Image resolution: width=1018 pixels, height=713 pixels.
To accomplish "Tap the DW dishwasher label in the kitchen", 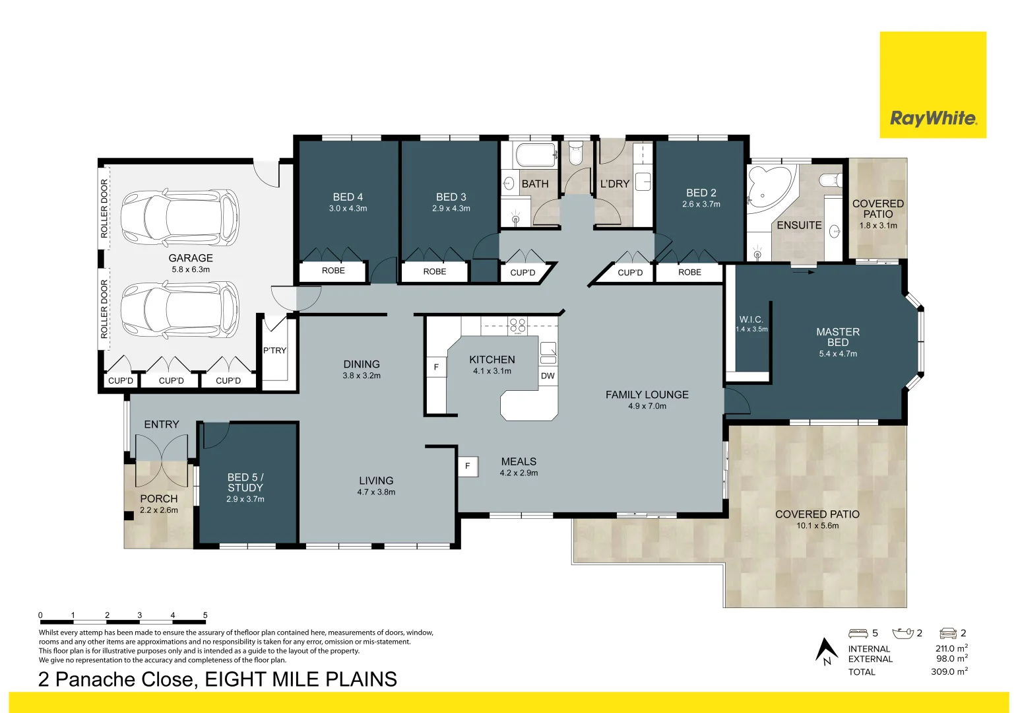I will coord(548,376).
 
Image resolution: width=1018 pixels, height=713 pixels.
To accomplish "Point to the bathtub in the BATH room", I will coord(536,155).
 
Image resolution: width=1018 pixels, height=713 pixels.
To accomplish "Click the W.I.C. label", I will coord(751,320).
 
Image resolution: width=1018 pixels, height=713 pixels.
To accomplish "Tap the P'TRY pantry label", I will coord(274,351).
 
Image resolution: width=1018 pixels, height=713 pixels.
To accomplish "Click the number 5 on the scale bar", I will coord(205,615).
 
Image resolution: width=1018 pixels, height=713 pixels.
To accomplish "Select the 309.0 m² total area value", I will coord(949,671).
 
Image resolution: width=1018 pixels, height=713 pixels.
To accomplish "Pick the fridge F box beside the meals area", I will coord(468,466).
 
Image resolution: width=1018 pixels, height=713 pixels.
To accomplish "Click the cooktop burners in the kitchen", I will coord(517,325).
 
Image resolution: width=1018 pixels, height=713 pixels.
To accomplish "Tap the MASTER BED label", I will coord(838,337).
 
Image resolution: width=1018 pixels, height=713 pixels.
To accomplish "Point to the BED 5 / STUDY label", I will coord(245,482).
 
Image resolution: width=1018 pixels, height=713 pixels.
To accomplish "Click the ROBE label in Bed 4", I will coord(333,271).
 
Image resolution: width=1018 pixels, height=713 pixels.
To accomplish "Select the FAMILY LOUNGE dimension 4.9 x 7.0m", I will coord(647,406).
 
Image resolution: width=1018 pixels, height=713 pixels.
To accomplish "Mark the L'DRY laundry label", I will coord(614,184).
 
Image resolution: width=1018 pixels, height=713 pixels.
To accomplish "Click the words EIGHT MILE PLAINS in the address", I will coord(301,679).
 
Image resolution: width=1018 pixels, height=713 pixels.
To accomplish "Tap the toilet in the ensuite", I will coord(829,180).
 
